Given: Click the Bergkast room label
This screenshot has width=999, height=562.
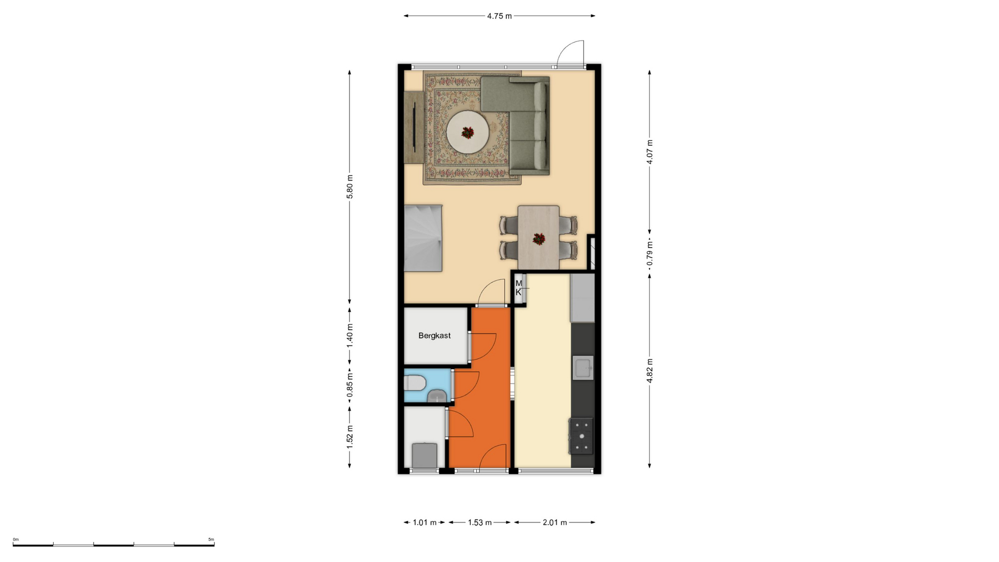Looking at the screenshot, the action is [x=434, y=336].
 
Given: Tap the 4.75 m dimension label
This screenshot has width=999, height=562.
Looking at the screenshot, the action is [x=499, y=16].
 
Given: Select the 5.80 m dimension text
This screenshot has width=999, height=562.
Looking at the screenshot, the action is [x=350, y=187].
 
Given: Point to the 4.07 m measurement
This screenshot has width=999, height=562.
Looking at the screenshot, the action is [x=649, y=152].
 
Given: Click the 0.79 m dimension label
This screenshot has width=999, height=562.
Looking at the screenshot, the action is [x=649, y=253].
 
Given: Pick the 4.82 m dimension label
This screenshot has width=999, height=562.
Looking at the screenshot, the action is [x=649, y=371].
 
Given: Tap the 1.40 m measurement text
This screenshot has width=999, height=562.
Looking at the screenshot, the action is [x=350, y=336].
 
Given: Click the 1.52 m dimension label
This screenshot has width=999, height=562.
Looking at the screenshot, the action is [x=350, y=437].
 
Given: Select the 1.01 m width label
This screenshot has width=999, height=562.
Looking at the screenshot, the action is [x=425, y=522].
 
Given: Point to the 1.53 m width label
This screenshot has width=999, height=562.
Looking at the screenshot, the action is [x=480, y=522].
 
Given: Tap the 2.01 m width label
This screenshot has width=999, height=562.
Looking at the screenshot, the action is [x=555, y=522].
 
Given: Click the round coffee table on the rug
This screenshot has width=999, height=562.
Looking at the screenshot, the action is [x=468, y=132].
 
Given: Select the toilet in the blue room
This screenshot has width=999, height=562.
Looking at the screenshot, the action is [x=415, y=384].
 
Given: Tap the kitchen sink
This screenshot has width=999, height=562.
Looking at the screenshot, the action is [x=583, y=368].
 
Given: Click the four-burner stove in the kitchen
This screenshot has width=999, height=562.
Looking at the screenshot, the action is [x=582, y=436].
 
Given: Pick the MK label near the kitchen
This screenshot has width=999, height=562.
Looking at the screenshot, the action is [x=519, y=288].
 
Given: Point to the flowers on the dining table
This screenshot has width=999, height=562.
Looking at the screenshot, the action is [x=539, y=239].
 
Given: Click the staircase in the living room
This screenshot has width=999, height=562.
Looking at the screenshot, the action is [x=424, y=238].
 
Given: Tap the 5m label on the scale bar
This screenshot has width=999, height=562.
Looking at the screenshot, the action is [x=211, y=540].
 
